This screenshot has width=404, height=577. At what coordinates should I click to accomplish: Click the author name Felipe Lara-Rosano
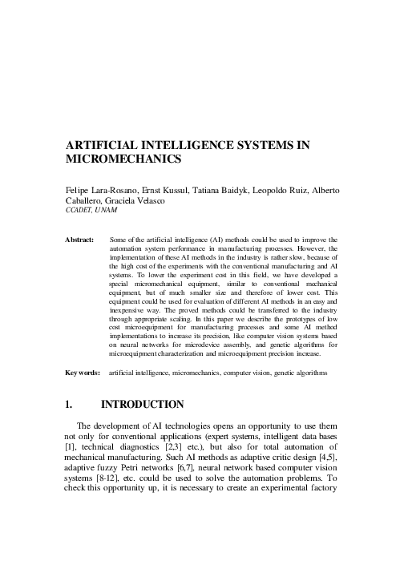100,191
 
